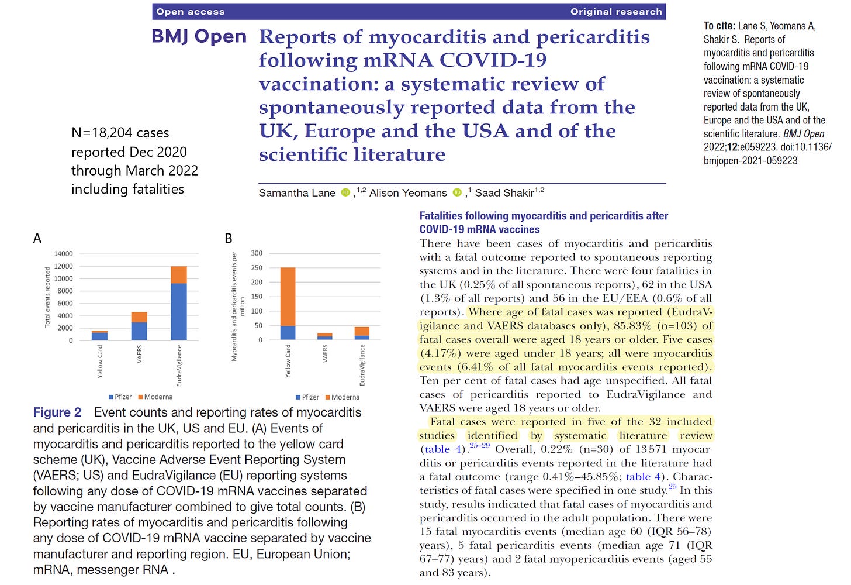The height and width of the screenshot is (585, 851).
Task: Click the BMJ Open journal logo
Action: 199,36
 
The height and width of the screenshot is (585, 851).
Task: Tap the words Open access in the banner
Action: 190,12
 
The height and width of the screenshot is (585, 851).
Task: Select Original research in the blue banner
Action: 616,12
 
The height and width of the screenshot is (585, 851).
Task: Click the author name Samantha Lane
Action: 297,193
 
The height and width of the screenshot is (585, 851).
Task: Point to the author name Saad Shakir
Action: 504,193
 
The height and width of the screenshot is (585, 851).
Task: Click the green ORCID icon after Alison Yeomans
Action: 457,192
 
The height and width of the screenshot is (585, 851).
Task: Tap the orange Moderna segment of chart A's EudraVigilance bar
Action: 179,275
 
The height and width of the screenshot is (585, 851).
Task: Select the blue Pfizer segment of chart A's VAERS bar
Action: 139,331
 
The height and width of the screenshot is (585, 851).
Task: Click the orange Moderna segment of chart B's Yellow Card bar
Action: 288,297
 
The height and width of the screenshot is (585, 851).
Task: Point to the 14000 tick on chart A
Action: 64,254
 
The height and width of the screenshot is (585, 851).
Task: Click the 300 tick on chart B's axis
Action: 257,253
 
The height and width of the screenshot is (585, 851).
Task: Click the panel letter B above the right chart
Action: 229,239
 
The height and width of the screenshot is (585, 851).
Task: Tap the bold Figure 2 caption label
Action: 57,412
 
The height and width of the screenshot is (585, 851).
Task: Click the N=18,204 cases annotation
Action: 120,133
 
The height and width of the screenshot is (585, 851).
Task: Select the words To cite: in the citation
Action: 719,26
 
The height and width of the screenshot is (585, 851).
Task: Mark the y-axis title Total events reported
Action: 48,297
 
